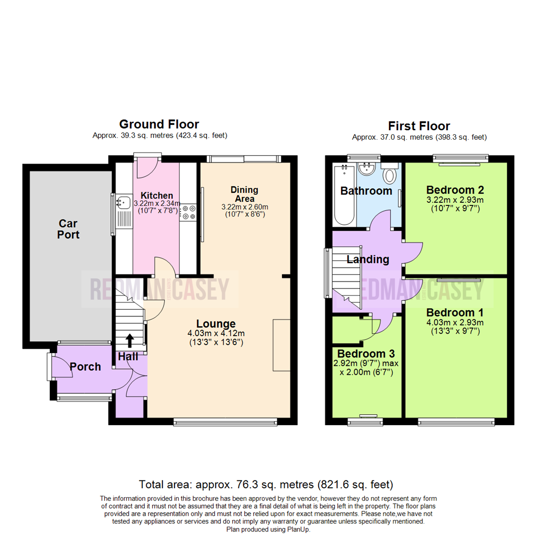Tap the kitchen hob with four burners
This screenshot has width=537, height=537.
pos(189,212)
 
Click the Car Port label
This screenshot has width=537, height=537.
pos(68,229)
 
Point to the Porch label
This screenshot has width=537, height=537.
pos(85,367)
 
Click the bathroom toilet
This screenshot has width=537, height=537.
pos(389,175)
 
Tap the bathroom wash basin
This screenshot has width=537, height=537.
pos(367,169)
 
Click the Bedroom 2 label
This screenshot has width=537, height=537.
pos(455,190)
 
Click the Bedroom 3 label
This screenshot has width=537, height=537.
pos(366,354)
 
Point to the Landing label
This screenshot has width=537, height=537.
pos(367,259)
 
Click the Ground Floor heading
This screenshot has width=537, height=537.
pos(159,124)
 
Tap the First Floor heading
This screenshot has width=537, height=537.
pos(419,126)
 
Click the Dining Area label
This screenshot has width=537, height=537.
pos(244,194)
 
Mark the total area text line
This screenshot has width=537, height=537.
pos(266,484)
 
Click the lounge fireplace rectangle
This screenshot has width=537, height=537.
pos(281,345)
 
